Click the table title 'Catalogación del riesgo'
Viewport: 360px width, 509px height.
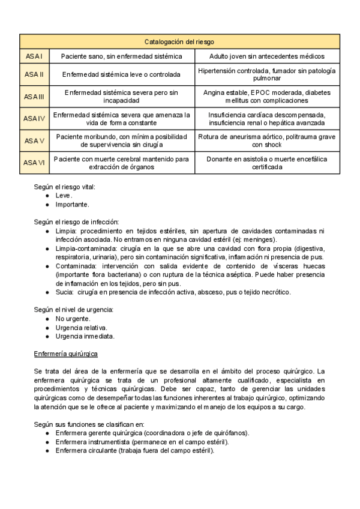[179, 41]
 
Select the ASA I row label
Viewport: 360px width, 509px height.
[34, 56]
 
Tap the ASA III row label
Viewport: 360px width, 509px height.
[34, 97]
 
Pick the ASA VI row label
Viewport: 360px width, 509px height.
[34, 163]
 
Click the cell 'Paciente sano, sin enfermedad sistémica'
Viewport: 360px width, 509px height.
[122, 56]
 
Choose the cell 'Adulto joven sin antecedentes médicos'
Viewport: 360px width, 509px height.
[267, 56]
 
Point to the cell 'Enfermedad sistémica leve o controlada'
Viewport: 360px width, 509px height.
[122, 75]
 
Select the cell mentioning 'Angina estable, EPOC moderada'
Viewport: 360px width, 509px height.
[267, 97]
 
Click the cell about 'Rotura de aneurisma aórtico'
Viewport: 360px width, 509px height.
[267, 140]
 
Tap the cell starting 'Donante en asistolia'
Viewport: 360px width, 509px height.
[267, 163]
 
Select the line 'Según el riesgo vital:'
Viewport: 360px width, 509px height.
[65, 187]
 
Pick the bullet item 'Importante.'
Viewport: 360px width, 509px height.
[72, 204]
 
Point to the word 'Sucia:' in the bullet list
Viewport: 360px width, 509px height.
[65, 292]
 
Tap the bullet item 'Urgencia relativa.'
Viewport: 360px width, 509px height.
[81, 327]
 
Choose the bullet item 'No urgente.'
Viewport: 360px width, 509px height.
[72, 319]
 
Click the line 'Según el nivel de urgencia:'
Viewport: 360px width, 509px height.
[74, 310]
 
